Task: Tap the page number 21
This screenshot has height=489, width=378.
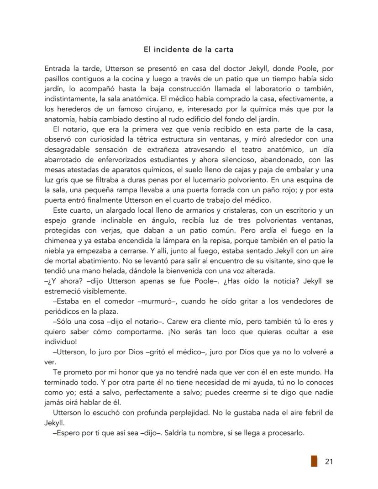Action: coord(329,462)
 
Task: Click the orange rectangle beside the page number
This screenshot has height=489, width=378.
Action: coord(314,461)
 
